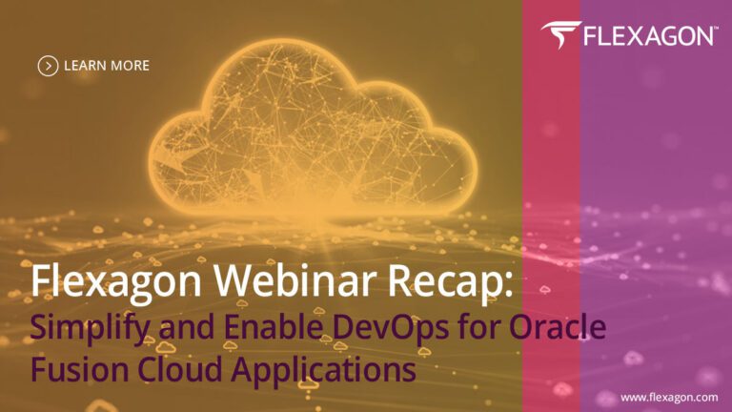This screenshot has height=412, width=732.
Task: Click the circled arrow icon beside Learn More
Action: click(x=48, y=66)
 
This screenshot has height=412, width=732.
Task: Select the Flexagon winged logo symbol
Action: click(x=560, y=34)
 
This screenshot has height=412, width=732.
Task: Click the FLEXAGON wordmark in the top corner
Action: click(x=647, y=36)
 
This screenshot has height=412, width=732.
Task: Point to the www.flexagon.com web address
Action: click(x=669, y=398)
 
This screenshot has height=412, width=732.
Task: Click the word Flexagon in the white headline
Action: click(x=115, y=281)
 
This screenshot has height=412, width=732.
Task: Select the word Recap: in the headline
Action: click(x=450, y=281)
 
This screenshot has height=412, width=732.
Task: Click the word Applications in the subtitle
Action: click(x=323, y=371)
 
